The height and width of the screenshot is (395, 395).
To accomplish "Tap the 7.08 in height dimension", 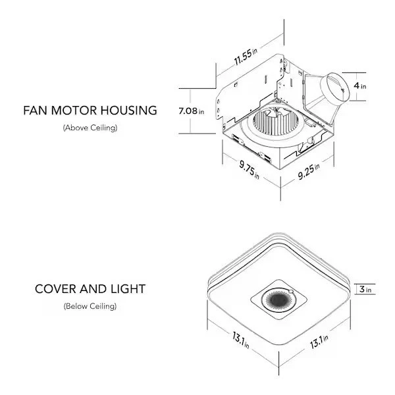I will click(x=191, y=111).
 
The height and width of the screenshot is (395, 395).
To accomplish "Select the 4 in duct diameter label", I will click(x=359, y=86).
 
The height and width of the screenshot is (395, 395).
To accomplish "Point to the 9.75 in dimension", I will click(x=247, y=169).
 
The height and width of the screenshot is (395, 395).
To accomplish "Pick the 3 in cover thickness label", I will click(x=365, y=289).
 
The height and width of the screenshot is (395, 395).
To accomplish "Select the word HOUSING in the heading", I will click(x=130, y=110).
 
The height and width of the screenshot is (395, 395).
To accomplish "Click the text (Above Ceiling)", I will click(x=90, y=128).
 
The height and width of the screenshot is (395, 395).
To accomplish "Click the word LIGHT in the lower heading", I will click(x=128, y=289).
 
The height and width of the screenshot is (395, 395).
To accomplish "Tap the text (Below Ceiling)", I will click(x=90, y=306).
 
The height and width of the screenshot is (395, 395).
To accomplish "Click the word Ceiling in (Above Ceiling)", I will click(x=103, y=128).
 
